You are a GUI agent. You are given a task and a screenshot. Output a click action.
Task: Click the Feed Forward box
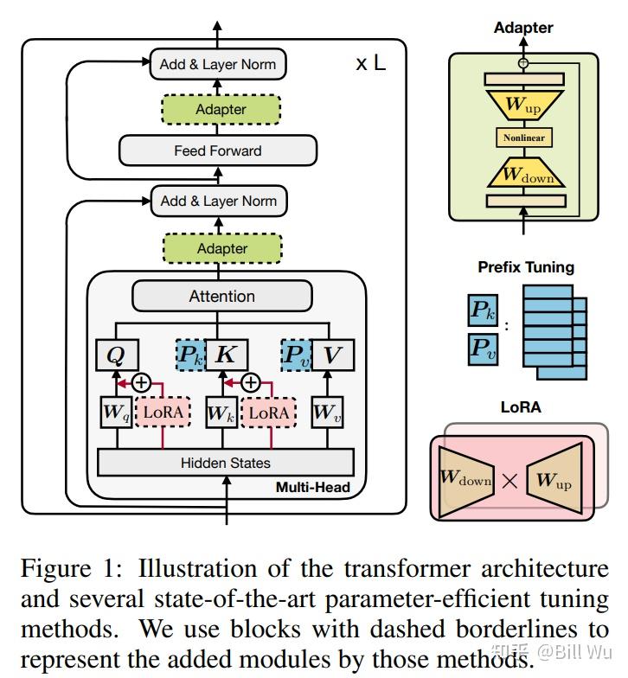(x=218, y=150)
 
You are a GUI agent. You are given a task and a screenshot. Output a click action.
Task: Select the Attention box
(x=221, y=296)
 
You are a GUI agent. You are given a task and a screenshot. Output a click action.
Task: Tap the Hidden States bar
(x=225, y=463)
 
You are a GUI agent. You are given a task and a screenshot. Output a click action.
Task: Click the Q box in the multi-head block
(x=117, y=355)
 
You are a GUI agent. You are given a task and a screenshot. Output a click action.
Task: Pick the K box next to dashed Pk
(x=227, y=355)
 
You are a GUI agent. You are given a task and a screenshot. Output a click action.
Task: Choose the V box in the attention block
(x=332, y=355)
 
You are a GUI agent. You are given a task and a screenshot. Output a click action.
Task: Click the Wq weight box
(x=116, y=412)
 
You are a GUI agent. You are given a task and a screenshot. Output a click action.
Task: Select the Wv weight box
(x=327, y=412)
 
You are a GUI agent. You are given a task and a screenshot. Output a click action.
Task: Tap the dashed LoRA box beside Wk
(x=268, y=412)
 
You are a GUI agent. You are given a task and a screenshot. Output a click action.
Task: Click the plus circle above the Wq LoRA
(x=141, y=382)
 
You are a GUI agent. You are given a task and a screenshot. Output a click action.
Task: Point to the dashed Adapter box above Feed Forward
(x=221, y=109)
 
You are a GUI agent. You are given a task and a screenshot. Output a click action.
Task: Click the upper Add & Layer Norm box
(x=218, y=64)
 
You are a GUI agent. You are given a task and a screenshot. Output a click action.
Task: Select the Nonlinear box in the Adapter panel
(x=524, y=138)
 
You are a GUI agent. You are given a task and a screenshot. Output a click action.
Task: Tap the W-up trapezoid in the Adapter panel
(x=524, y=105)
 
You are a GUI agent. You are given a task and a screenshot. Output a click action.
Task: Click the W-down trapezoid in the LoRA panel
(x=465, y=481)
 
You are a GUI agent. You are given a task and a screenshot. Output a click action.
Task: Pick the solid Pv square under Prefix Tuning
(x=483, y=349)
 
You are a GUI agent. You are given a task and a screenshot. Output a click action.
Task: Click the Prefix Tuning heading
(x=526, y=267)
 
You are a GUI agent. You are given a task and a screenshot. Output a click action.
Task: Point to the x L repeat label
(x=370, y=63)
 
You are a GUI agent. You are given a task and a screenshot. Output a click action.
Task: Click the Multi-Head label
(x=313, y=488)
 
